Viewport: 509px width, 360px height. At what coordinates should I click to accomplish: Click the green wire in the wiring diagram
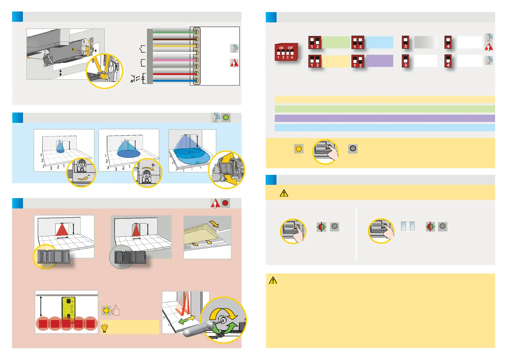(x=172, y=32)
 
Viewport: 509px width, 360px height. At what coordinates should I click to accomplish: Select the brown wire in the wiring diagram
(x=172, y=39)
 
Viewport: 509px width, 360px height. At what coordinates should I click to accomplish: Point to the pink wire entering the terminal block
(x=172, y=60)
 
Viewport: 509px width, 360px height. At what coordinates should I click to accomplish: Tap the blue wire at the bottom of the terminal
(x=172, y=81)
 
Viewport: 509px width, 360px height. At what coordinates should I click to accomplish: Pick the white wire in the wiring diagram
(x=172, y=53)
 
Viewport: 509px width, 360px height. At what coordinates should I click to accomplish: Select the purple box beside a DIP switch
(x=380, y=61)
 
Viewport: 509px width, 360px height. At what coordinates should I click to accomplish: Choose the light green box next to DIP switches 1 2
(x=336, y=42)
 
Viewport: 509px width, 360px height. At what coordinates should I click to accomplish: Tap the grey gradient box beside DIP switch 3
(x=425, y=42)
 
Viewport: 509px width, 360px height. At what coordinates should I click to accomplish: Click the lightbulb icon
(x=105, y=328)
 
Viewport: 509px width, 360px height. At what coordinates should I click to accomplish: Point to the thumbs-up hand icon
(x=116, y=310)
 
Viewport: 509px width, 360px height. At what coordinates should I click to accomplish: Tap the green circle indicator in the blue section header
(x=226, y=117)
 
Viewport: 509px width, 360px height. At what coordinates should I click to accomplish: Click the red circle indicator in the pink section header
(x=225, y=203)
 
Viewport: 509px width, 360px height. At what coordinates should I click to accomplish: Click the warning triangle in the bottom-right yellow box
(x=273, y=280)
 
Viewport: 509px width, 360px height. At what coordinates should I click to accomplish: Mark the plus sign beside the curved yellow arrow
(x=153, y=165)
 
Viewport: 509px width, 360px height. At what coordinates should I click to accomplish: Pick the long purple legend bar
(x=384, y=118)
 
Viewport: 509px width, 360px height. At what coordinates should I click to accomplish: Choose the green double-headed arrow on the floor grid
(x=183, y=321)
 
